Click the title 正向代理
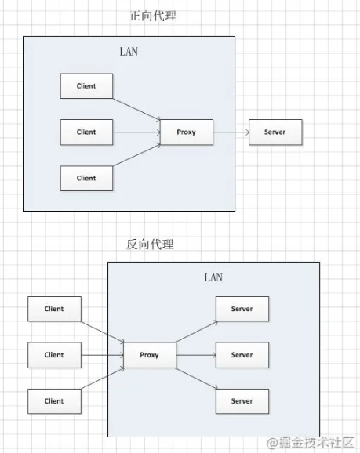153,16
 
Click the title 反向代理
150,245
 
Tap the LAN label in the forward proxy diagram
129,52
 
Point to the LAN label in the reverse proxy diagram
213,277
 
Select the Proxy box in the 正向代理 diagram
187,132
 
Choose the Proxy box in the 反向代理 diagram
150,355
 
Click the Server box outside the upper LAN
275,132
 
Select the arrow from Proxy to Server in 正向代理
231,132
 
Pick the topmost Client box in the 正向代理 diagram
86,85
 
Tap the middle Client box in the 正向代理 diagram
86,132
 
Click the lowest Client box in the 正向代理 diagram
86,178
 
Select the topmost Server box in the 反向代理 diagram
242,309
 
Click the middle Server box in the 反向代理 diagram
242,355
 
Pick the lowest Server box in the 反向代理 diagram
242,401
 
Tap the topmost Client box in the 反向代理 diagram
54,309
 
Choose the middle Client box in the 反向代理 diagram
54,355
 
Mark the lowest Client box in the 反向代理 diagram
54,401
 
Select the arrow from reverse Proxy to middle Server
196,355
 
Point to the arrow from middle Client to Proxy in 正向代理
136,132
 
